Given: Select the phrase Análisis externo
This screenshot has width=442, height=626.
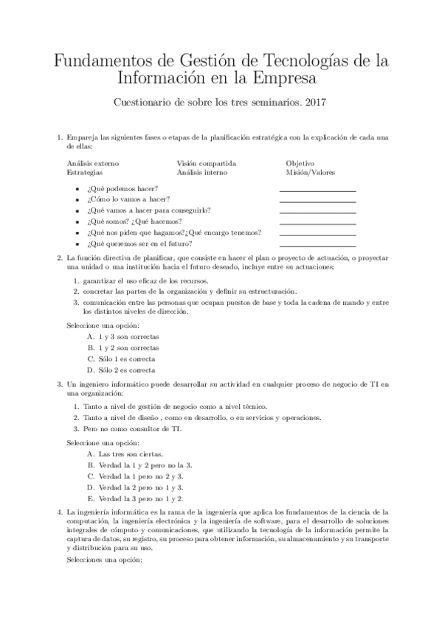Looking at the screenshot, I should pyautogui.click(x=93, y=163).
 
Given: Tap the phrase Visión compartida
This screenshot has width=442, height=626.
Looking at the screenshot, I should pyautogui.click(x=206, y=163).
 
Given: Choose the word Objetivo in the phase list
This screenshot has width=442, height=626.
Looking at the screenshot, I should pyautogui.click(x=300, y=163).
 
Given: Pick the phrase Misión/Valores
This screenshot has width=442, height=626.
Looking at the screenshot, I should pyautogui.click(x=310, y=173).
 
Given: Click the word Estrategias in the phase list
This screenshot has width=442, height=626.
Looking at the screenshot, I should pyautogui.click(x=84, y=173).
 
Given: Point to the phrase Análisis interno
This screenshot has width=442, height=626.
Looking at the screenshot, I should pyautogui.click(x=201, y=173).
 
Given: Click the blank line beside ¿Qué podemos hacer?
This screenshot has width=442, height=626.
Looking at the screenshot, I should pyautogui.click(x=317, y=190).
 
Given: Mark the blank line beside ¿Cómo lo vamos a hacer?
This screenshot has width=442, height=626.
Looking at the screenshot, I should pyautogui.click(x=317, y=202).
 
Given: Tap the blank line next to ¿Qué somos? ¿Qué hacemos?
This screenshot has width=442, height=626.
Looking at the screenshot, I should pyautogui.click(x=317, y=224).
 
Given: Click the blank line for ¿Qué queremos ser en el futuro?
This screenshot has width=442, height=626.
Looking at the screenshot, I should pyautogui.click(x=317, y=246).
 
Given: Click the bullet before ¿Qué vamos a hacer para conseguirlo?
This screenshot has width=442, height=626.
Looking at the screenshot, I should pyautogui.click(x=78, y=210).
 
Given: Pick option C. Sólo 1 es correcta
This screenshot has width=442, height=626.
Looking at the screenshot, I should pyautogui.click(x=120, y=359).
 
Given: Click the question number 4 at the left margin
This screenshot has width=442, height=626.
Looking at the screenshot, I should pyautogui.click(x=59, y=511).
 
